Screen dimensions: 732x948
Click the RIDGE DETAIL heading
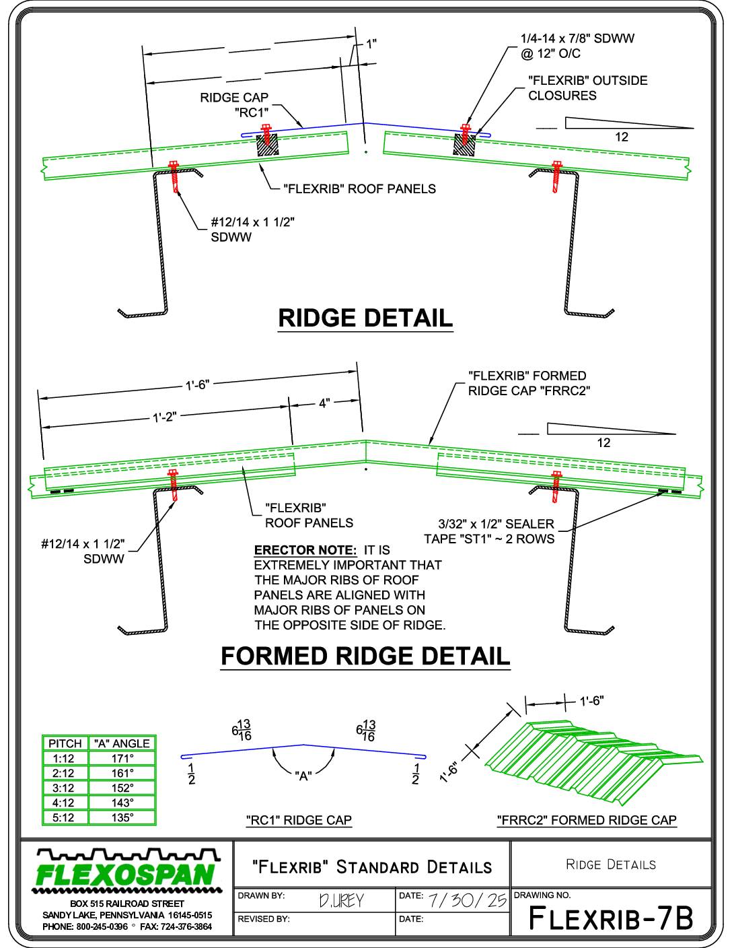[365, 318]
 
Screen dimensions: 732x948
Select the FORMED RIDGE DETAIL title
[365, 656]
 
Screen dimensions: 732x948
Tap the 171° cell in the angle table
[122, 758]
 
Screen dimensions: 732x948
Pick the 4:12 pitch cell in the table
[64, 803]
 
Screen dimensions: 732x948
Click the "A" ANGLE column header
[122, 743]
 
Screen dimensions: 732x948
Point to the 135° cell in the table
[122, 817]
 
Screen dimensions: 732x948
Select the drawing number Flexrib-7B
[611, 918]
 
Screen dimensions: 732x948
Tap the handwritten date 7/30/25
[468, 900]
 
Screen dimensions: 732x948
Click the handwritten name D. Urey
[341, 901]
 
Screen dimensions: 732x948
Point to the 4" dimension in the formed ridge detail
[324, 403]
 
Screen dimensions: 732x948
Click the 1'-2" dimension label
[164, 417]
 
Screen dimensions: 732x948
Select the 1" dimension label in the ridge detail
[371, 44]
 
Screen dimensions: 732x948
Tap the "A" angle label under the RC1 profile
[303, 776]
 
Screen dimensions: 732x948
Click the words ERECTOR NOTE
[305, 549]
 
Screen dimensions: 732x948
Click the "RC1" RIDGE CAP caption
[299, 820]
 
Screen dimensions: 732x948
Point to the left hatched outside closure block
[267, 145]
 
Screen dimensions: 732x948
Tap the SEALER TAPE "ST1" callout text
[490, 531]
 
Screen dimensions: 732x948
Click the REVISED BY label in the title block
[264, 919]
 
